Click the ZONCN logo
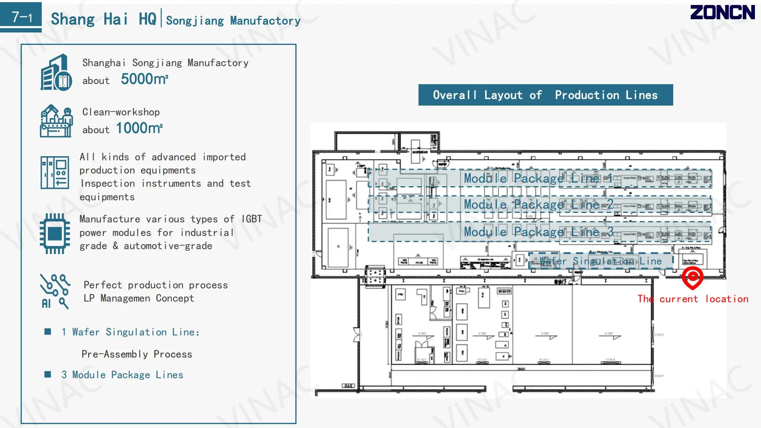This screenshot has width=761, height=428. pos(722,12)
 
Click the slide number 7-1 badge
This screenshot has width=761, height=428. pos(21,17)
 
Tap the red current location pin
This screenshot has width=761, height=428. pos(692,277)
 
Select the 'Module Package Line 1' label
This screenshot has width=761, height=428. pos(538,178)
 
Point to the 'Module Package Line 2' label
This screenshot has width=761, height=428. pos(538,205)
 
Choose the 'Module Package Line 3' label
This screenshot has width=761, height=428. pos(538,232)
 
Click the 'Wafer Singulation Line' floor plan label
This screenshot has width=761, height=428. pos(600,261)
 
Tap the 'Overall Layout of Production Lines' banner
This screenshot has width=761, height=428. pos(546,95)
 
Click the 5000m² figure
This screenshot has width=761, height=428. pos(144,79)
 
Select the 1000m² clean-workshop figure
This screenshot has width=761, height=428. pos(139,128)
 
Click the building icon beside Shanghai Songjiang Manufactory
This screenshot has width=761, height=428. pos(56,72)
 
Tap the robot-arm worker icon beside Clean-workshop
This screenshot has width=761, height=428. pos(56,121)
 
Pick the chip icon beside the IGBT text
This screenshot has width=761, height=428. pos(55,234)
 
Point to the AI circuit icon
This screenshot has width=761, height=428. pos(55,291)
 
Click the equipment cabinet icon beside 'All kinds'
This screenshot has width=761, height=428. pos(55,172)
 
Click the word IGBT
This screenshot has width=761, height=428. pos(252,219)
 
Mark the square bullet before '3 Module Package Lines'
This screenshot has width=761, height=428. pos(47,374)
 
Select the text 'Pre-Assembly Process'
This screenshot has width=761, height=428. pos(137,354)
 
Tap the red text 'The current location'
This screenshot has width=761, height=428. pos(693,299)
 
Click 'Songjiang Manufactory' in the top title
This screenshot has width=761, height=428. pos(233,21)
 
